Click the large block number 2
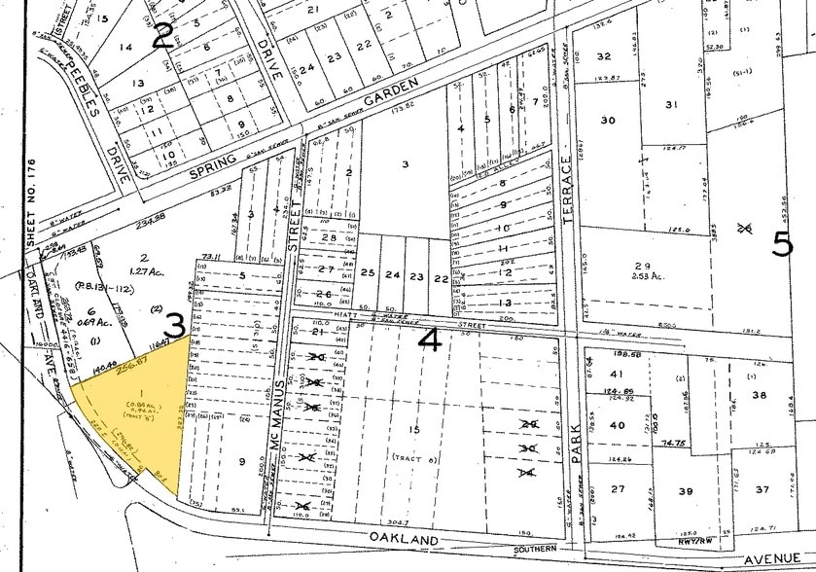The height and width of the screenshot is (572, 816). click(163, 36)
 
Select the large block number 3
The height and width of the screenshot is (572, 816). click(175, 325)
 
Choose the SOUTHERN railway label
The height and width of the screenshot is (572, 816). click(553, 550)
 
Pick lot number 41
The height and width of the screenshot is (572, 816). click(616, 374)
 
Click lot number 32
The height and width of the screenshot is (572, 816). click(604, 56)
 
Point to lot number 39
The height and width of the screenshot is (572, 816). click(685, 490)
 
